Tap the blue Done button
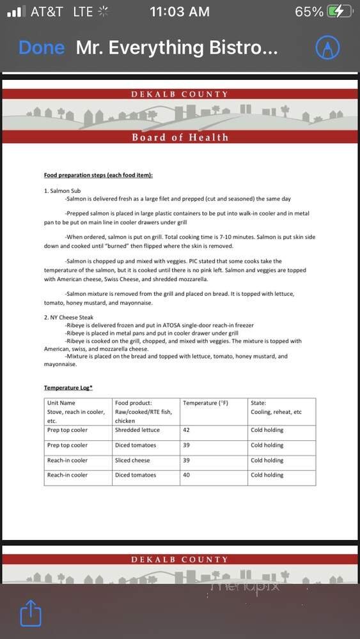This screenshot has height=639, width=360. coord(42,48)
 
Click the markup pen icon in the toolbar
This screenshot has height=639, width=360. coord(327,47)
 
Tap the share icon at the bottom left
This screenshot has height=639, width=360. coord(31,614)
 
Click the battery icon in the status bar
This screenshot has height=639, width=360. coord(339,12)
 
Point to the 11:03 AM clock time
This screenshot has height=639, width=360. coord(179,12)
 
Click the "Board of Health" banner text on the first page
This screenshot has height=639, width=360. coord(180,137)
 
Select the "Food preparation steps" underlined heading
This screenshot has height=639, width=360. coord(98,175)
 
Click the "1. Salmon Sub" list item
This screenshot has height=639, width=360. coord(63,191)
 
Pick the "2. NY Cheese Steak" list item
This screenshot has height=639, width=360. coord(69,318)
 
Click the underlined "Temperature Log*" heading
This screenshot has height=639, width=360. coord(68,388)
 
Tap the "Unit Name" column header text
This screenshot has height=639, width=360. coord(61,403)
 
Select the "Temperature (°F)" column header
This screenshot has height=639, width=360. coord(205,403)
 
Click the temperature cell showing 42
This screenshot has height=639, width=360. coord(186,430)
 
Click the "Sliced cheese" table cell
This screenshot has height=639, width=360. coord(132,460)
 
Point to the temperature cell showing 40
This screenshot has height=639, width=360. coord(186,475)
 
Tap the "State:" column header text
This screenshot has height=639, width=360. coord(258,403)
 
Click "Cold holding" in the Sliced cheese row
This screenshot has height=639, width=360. coord(267,460)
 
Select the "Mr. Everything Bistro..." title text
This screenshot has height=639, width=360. coord(176,48)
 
